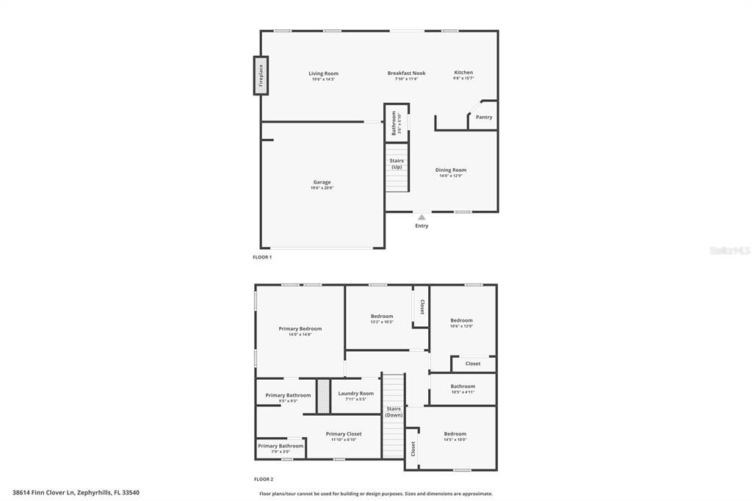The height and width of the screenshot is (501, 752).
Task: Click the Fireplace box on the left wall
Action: point(260,75)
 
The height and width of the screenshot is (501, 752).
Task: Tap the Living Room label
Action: point(323,73)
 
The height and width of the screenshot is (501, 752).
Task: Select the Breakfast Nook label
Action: point(406,73)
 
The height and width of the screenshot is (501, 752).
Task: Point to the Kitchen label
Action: point(463,73)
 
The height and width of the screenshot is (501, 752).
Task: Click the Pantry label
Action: point(484,118)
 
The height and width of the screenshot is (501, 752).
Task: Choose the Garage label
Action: point(322,182)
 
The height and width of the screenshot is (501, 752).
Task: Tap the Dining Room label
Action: point(451,170)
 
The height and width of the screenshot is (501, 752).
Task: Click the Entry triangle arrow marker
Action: point(422,217)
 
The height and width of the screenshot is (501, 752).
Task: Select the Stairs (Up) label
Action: point(397,164)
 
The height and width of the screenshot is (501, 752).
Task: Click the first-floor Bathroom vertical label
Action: point(394,123)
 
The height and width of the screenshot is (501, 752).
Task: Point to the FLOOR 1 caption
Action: point(262,257)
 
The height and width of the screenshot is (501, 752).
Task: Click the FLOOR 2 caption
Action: point(263,479)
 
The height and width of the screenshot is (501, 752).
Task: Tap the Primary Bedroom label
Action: point(300,329)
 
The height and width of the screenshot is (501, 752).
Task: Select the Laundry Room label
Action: point(356,394)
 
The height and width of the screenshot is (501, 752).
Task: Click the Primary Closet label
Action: point(344,434)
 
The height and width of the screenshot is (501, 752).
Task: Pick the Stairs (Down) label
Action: point(394,411)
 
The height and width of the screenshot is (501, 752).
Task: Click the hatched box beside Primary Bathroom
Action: point(322,396)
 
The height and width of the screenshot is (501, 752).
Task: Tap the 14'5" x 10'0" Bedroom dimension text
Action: point(455,440)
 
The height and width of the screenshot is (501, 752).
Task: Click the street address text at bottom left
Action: point(76,493)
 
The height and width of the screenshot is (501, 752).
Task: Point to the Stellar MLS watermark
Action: point(728,250)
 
